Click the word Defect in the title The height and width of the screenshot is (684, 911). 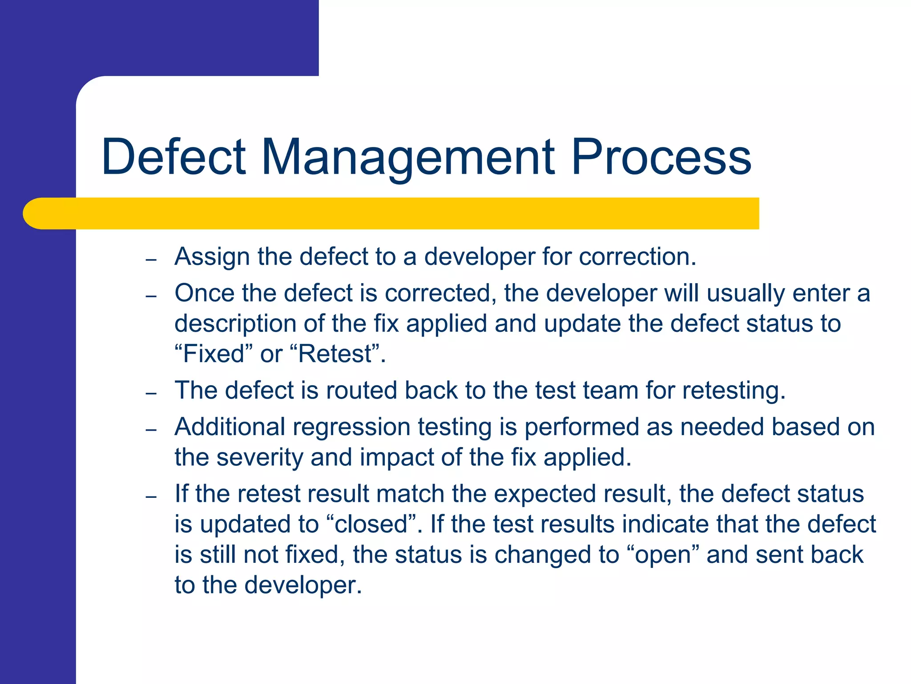point(173,157)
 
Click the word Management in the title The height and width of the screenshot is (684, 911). point(408,157)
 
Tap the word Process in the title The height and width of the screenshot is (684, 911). point(661,157)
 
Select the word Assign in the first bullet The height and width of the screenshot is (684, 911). point(212,257)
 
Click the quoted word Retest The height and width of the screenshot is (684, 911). point(335,354)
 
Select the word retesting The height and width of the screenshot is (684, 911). point(734,391)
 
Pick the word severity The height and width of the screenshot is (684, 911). point(259,457)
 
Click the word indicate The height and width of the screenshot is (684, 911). point(665,524)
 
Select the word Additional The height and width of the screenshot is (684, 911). point(230,427)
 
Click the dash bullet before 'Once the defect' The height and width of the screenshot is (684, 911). point(151,296)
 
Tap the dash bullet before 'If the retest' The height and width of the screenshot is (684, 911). point(151,497)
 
